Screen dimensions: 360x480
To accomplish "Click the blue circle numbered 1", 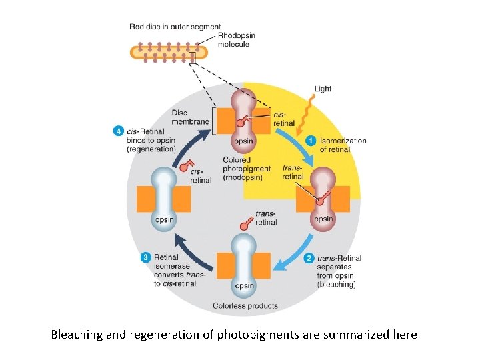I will tap(311, 141).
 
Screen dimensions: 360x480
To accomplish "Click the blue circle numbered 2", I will tap(309, 258).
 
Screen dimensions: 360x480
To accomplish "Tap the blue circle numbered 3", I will tap(146, 257).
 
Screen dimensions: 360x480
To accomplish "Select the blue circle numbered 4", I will tap(117, 131).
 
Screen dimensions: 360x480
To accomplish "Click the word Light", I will tap(323, 89).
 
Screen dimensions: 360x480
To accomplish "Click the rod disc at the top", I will tap(163, 52).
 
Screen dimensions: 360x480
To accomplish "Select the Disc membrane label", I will tap(188, 117).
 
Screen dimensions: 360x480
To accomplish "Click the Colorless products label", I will tap(245, 306).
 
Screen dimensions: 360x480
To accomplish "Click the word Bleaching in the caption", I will tap(77, 335).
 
